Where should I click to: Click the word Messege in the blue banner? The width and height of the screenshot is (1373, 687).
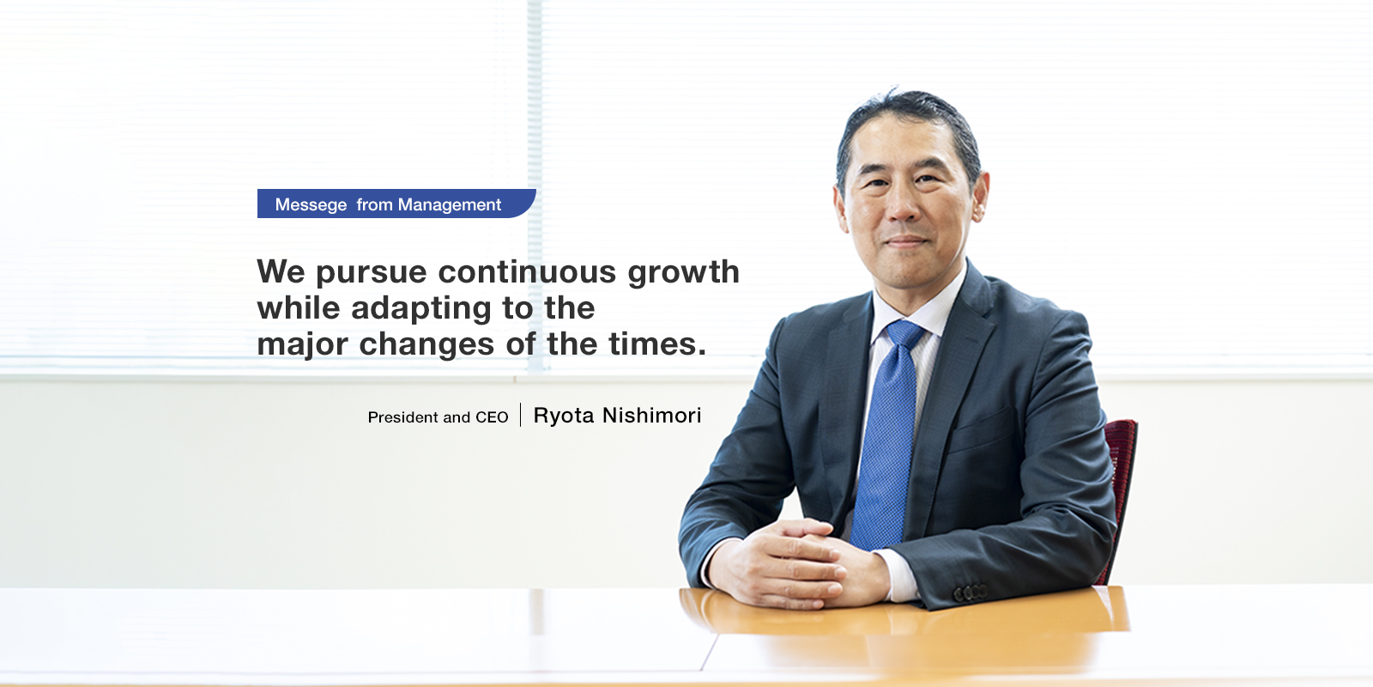(311, 205)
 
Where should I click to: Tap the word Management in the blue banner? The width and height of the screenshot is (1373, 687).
(450, 205)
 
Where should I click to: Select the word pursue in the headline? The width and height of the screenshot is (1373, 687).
(372, 273)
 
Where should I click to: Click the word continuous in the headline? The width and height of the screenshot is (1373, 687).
(527, 271)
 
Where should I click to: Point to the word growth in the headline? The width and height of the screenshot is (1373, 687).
(683, 273)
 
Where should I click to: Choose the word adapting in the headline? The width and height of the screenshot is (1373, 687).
(421, 309)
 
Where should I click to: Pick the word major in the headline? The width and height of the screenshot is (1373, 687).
(302, 345)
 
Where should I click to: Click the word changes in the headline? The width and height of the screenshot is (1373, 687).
(426, 345)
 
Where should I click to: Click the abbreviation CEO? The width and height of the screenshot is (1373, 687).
(492, 417)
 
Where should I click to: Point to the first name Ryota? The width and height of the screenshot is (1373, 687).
(564, 416)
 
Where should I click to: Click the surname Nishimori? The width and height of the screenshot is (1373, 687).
(651, 416)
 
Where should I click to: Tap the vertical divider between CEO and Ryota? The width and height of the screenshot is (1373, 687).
(520, 415)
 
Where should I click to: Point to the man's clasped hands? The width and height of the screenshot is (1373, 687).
(797, 563)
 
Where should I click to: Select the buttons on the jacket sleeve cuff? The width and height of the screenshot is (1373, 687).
(971, 593)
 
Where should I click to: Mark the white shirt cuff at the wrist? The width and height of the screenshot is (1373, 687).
(898, 575)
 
